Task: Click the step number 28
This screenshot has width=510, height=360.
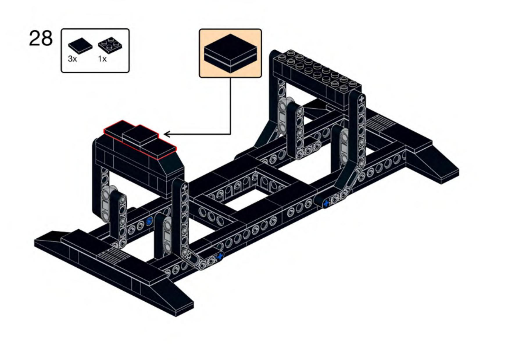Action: coord(41,39)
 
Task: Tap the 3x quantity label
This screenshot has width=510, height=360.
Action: coord(72,59)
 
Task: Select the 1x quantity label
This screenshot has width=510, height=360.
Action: coord(102,59)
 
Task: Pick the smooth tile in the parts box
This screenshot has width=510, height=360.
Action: coord(80,46)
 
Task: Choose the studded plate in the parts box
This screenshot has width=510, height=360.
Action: coord(110,45)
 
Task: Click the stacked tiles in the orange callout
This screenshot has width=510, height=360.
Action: coord(230,53)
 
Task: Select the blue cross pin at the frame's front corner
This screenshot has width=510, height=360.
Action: coord(220,256)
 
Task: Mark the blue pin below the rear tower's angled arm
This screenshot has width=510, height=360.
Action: coord(326,203)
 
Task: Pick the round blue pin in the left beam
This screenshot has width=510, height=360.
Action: coord(149,221)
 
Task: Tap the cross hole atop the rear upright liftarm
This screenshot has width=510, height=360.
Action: coord(361,99)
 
